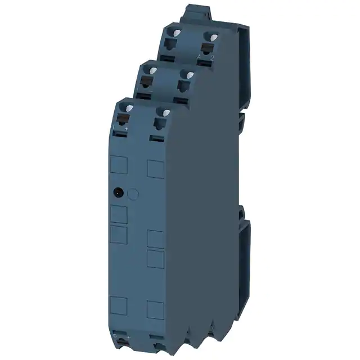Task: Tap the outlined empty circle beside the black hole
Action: coord(133,194)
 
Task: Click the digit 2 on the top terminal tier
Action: coord(212,57)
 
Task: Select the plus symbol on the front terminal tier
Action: coord(127,129)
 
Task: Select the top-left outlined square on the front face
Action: coord(118,165)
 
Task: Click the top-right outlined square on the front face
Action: coord(155,168)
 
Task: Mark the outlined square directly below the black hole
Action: coord(118,214)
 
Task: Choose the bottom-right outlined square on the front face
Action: coord(155,310)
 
